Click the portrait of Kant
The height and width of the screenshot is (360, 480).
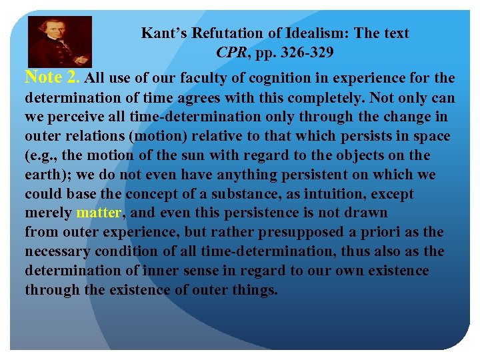pyautogui.click(x=59, y=41)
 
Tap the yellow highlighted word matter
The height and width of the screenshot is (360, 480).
pyautogui.click(x=98, y=214)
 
